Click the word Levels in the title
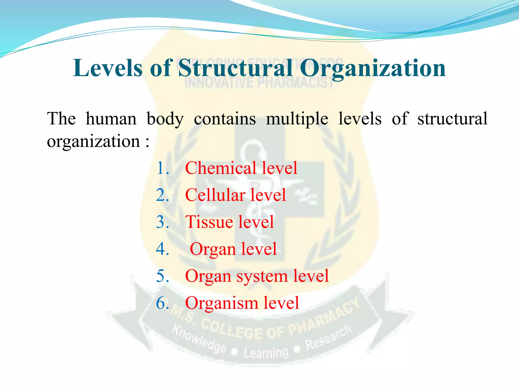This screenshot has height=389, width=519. tap(107, 68)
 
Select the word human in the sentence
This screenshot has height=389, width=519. tap(111, 119)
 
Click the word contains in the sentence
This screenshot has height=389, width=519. tap(225, 119)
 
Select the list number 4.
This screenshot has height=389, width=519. tap(162, 249)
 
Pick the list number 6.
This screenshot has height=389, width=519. tap(162, 303)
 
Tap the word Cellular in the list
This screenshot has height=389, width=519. tap(215, 195)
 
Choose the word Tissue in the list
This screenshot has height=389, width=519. tap(209, 222)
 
